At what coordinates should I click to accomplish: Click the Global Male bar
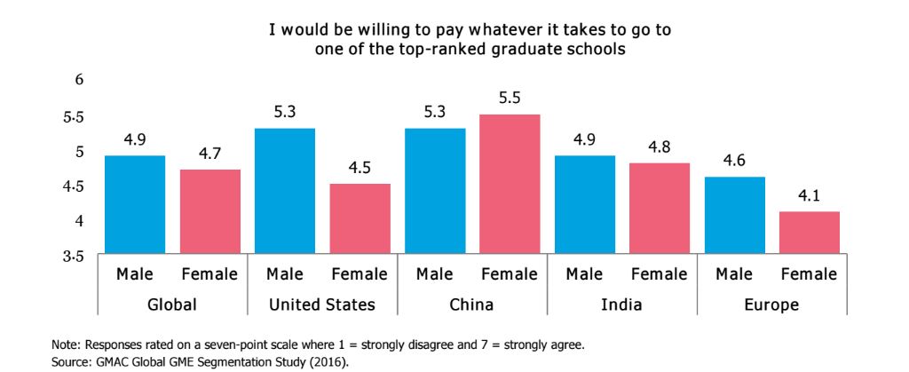pos(135,205)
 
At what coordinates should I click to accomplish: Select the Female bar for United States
pos(360,219)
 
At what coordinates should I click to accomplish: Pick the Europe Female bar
pos(809,233)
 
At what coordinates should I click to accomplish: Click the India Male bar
pos(584,205)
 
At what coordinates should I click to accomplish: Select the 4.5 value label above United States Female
pos(360,169)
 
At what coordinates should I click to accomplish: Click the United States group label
pos(322,305)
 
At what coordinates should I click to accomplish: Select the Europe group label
pos(771,305)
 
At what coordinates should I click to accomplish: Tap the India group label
pos(621,305)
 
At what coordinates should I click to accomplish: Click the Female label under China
pos(510,274)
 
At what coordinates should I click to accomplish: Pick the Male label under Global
pos(135,274)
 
